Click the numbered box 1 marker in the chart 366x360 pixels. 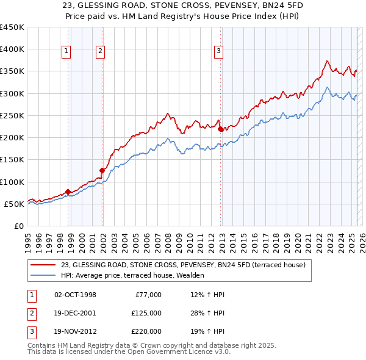(65, 52)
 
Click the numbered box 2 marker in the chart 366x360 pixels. (99, 52)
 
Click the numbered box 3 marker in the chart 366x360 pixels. (218, 52)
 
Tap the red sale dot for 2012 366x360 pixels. (220, 129)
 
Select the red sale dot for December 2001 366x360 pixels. (102, 171)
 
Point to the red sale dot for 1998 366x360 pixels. (68, 192)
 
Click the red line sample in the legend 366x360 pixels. (43, 265)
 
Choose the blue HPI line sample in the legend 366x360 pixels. (43, 275)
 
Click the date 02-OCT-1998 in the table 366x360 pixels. (75, 295)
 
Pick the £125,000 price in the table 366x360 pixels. (146, 313)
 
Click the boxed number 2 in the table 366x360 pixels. (31, 313)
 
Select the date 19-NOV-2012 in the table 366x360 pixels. (75, 331)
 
